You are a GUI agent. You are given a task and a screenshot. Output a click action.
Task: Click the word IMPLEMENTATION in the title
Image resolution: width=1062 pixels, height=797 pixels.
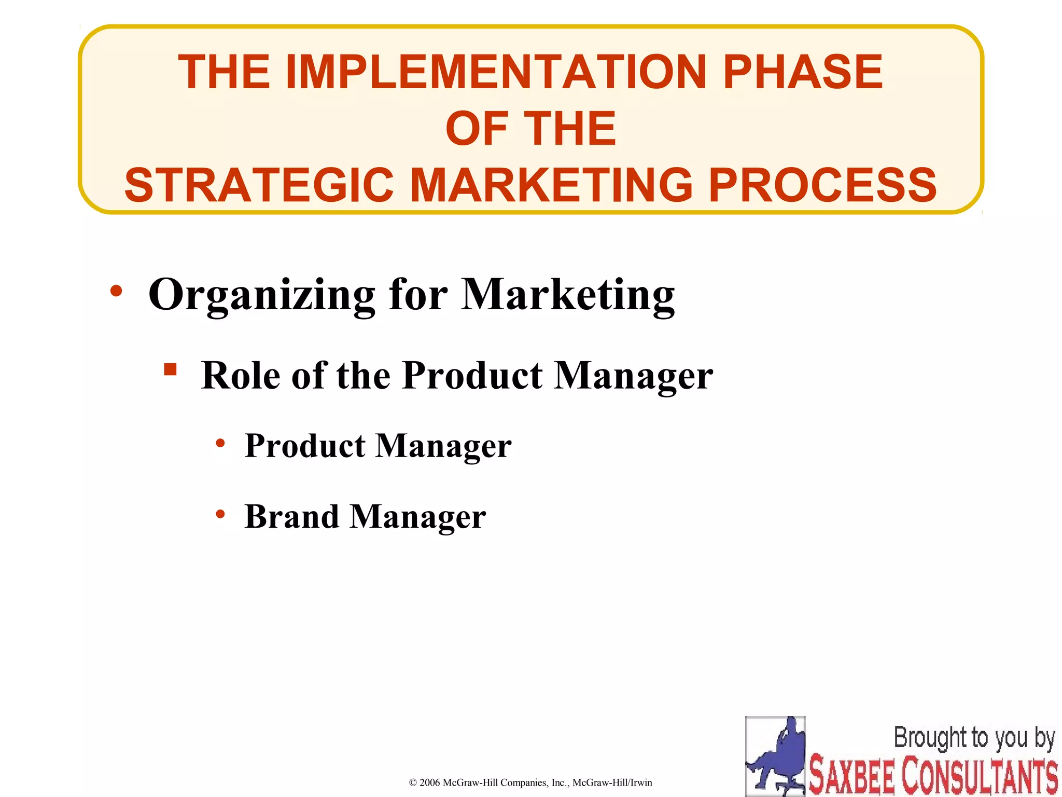496,72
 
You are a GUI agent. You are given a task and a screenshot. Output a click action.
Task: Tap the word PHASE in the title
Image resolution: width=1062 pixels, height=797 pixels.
802,72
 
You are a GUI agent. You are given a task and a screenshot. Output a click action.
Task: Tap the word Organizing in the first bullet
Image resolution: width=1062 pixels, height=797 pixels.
261,295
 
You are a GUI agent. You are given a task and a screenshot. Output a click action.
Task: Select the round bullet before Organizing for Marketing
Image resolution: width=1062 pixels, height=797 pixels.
116,291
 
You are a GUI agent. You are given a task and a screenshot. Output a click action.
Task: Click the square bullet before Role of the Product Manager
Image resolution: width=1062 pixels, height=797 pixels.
170,369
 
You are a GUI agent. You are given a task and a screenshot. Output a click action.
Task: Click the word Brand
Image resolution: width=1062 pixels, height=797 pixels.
291,517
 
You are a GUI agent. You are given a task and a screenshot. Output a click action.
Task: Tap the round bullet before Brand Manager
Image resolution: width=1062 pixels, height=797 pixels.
220,514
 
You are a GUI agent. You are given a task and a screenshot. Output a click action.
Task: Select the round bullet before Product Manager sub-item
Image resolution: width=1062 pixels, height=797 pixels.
220,443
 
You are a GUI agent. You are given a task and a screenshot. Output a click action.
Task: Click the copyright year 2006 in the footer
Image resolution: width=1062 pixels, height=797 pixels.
429,782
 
